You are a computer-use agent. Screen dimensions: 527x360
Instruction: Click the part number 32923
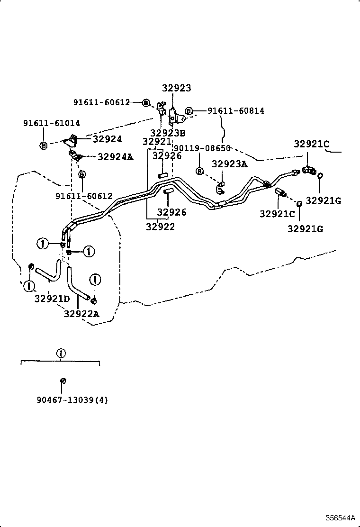[176, 88]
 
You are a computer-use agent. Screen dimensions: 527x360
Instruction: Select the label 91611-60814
[235, 111]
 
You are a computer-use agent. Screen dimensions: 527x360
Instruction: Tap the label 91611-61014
[52, 123]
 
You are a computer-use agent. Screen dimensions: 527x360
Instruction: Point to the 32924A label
[115, 156]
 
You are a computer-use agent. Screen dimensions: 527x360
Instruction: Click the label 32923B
[168, 133]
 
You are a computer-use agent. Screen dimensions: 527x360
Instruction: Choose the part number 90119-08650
[202, 148]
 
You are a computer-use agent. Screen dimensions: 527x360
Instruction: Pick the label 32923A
[229, 164]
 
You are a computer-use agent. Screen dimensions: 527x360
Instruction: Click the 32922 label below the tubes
[160, 227]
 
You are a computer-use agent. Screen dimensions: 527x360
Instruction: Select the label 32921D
[52, 299]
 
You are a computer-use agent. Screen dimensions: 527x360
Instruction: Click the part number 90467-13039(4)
[72, 400]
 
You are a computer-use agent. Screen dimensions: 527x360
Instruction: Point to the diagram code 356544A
[340, 517]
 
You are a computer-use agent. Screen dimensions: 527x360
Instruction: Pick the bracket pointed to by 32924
[72, 140]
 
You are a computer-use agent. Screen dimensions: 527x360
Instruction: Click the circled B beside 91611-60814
[189, 111]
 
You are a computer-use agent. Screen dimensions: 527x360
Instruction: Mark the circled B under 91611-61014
[44, 145]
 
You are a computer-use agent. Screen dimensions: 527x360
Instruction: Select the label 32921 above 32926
[157, 142]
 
